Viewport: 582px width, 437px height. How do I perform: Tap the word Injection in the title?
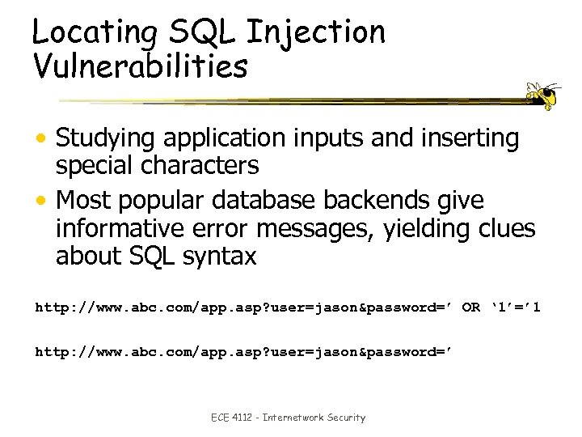click(x=316, y=32)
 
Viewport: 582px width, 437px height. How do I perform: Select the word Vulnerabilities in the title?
click(x=140, y=66)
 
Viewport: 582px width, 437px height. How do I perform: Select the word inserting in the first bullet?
click(x=466, y=139)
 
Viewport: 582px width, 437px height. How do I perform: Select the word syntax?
click(x=218, y=257)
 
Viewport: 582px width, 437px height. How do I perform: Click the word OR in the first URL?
click(x=471, y=308)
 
